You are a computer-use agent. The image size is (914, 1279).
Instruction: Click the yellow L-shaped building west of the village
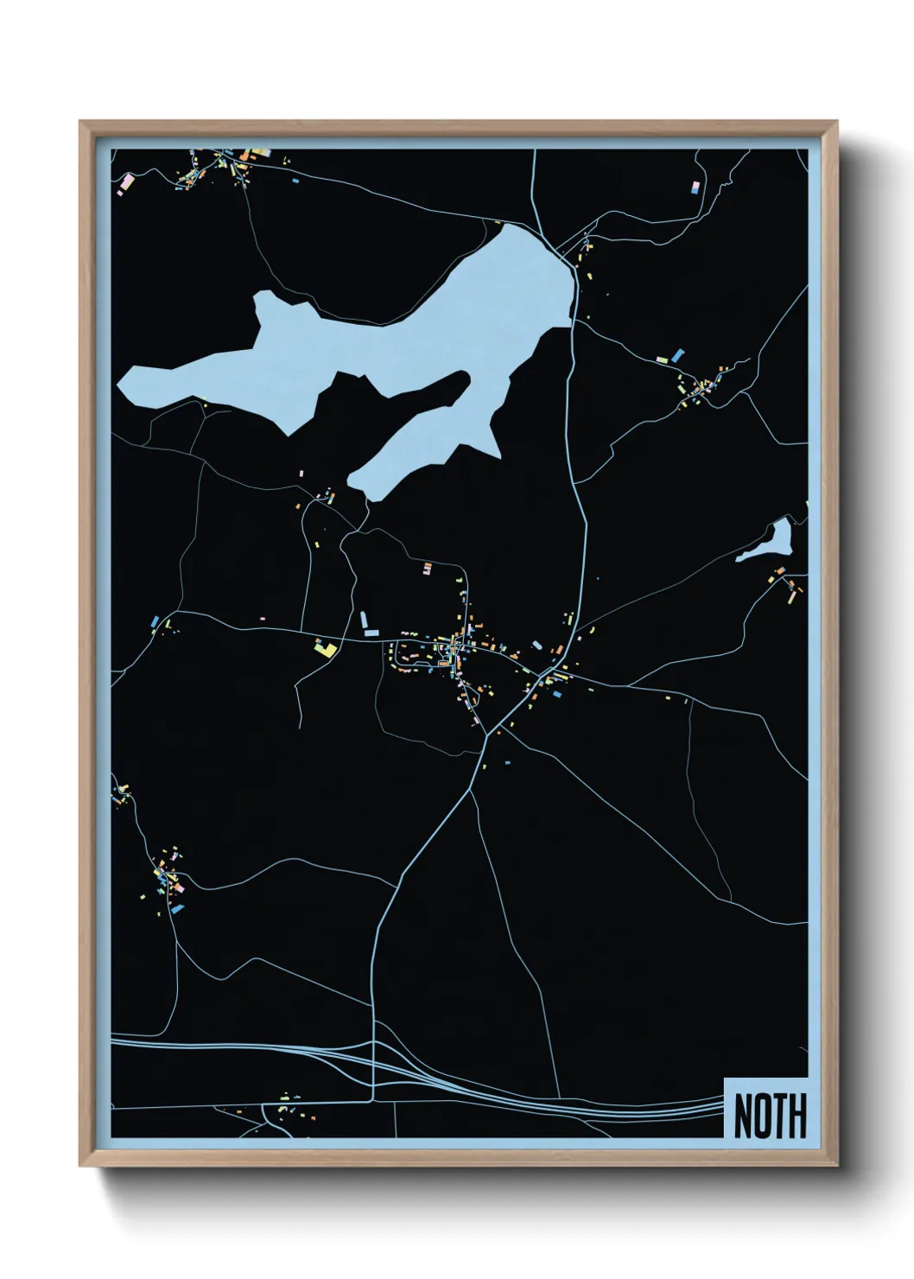[324, 648]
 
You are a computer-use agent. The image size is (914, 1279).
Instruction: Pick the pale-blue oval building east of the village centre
[537, 645]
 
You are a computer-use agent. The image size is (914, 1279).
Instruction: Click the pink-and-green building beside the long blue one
[663, 360]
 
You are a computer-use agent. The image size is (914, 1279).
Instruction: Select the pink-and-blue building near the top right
[695, 186]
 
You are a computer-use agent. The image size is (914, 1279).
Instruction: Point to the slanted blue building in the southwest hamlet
[178, 908]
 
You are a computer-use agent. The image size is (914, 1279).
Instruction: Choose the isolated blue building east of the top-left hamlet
[295, 181]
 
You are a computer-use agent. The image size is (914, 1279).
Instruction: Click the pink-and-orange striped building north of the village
[427, 568]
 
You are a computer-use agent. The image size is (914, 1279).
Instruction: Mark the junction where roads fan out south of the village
[487, 735]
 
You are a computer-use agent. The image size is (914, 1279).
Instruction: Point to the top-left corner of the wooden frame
[80, 122]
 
